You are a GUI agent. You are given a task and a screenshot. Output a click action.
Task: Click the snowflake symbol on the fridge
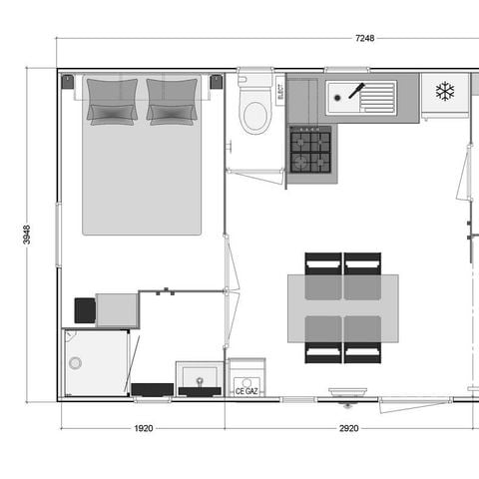pyautogui.click(x=444, y=92)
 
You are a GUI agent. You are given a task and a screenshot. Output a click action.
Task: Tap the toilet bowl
pyautogui.click(x=256, y=115)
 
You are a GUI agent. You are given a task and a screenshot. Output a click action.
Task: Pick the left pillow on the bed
pyautogui.click(x=112, y=100)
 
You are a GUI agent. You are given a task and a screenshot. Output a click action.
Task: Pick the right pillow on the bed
pyautogui.click(x=172, y=100)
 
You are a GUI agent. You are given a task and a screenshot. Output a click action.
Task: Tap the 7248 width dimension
pyautogui.click(x=363, y=39)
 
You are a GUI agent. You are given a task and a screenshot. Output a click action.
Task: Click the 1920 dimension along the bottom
pyautogui.click(x=143, y=428)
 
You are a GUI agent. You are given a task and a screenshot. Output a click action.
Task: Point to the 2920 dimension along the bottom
pyautogui.click(x=347, y=428)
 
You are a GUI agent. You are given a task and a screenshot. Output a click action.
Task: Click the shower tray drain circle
pyautogui.click(x=74, y=363)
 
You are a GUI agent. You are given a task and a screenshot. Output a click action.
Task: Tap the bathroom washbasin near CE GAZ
pyautogui.click(x=201, y=378)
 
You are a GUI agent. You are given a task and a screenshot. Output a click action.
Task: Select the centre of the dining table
pyautogui.click(x=342, y=307)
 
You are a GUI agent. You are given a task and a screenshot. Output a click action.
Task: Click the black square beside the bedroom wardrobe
pyautogui.click(x=85, y=310)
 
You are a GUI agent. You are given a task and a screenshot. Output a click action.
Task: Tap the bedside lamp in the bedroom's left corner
pyautogui.click(x=68, y=82)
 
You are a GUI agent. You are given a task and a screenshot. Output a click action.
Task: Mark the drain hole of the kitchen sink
pyautogui.click(x=340, y=97)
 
